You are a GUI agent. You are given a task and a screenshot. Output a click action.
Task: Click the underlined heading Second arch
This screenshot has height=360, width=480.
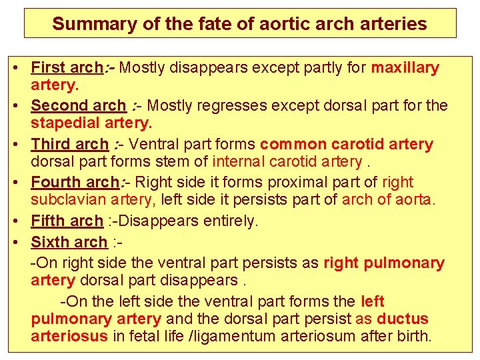[x=78, y=106]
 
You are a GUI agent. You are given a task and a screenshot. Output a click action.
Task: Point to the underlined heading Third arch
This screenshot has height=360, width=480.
[x=69, y=145]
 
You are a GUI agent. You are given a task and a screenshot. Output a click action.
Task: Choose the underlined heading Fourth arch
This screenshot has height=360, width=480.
[x=73, y=183]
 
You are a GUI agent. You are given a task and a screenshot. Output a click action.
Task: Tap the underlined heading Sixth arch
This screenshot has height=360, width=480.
[x=69, y=242]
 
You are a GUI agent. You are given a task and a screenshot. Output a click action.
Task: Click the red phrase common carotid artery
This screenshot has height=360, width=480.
[x=347, y=145]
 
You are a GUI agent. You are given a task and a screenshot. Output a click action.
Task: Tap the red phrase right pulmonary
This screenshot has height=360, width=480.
[x=383, y=263]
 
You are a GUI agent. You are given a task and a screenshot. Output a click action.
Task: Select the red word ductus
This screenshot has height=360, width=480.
[x=402, y=319]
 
